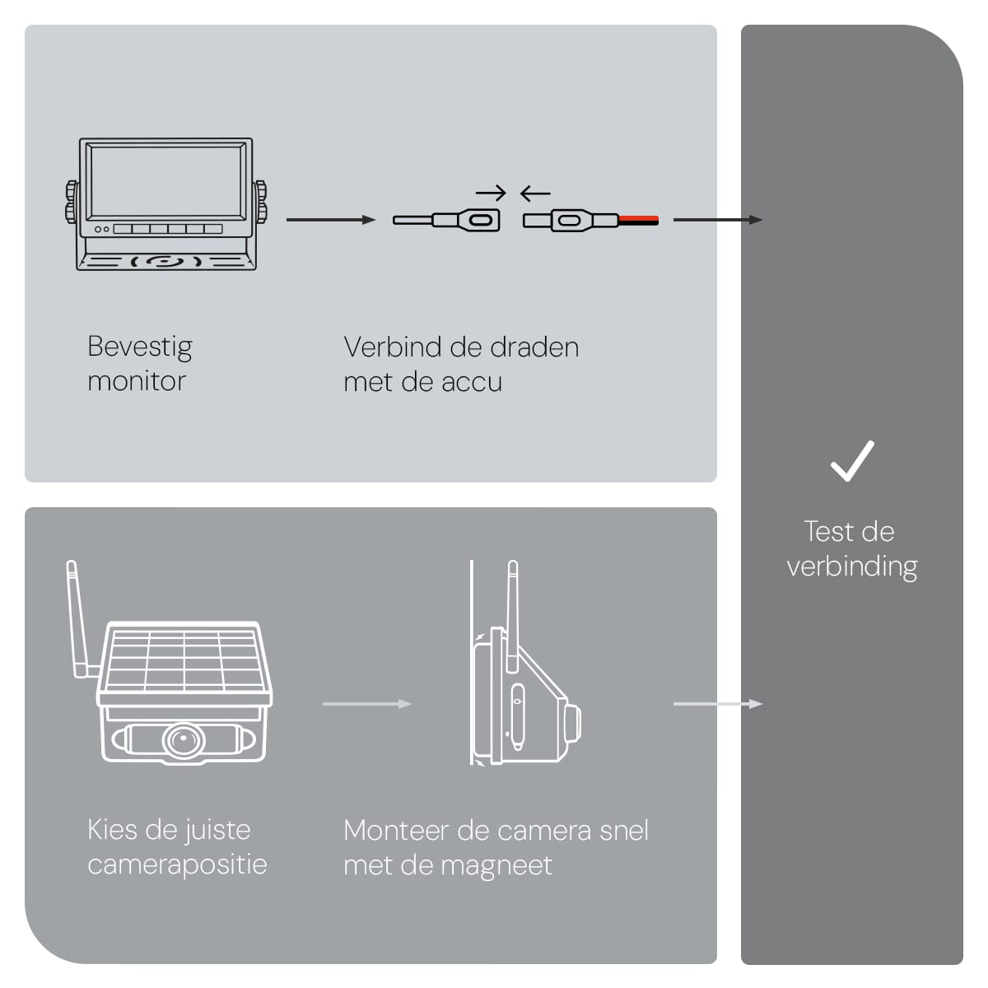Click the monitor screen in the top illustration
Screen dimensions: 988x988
point(166,183)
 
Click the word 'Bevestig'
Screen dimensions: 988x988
point(140,347)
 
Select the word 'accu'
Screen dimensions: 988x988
point(472,382)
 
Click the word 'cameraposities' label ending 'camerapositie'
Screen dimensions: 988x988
point(177,864)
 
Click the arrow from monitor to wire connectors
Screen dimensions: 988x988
point(330,220)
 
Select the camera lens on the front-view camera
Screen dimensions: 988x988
point(183,740)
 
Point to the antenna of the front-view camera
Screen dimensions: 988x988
point(78,618)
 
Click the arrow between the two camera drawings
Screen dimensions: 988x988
point(366,704)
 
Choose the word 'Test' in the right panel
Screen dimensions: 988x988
point(828,532)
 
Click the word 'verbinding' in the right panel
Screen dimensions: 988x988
point(852,566)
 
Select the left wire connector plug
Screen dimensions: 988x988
point(449,221)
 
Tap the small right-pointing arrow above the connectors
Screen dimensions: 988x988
point(491,193)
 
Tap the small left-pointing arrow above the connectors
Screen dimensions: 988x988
point(535,193)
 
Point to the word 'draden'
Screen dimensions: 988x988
point(534,347)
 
